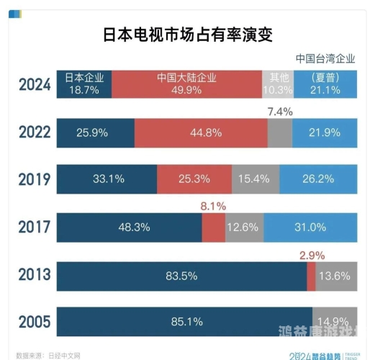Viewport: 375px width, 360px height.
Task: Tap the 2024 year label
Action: [x=35, y=84]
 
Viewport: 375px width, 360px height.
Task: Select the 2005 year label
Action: [x=35, y=320]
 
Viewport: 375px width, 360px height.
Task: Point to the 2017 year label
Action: [x=35, y=227]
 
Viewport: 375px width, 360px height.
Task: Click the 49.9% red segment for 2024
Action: [x=186, y=84]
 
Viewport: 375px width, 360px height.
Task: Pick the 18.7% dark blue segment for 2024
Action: [x=84, y=84]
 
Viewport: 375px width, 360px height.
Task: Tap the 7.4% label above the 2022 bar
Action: [x=279, y=112]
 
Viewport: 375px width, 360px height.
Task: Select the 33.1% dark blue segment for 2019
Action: [x=107, y=179]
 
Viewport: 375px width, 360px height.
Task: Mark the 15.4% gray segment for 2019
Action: [x=256, y=179]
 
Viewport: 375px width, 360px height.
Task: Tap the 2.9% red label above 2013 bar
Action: [x=312, y=254]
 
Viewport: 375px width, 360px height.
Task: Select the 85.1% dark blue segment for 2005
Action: [x=184, y=321]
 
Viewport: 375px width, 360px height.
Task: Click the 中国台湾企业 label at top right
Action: [x=325, y=58]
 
